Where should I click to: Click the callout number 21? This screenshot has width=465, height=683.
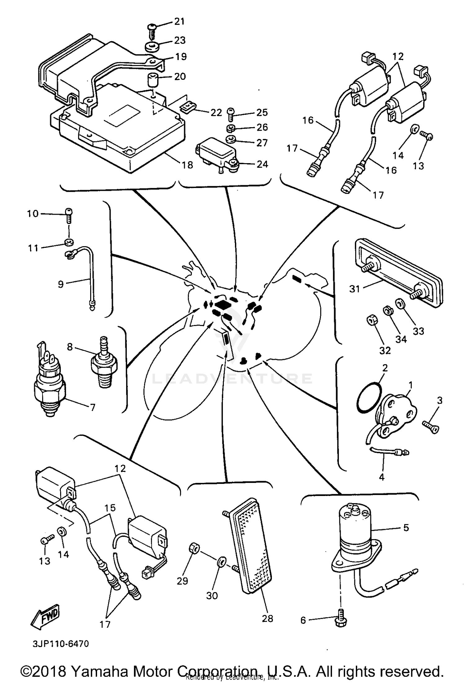[179, 21]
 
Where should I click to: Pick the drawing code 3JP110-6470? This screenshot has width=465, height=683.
[61, 644]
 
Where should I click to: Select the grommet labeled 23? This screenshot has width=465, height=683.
[153, 47]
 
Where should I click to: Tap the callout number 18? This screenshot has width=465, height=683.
[187, 165]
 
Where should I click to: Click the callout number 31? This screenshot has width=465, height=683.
[354, 289]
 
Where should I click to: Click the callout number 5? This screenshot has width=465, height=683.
[406, 528]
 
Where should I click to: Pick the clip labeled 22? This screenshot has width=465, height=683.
[188, 107]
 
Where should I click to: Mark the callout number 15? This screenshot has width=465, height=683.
[110, 507]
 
